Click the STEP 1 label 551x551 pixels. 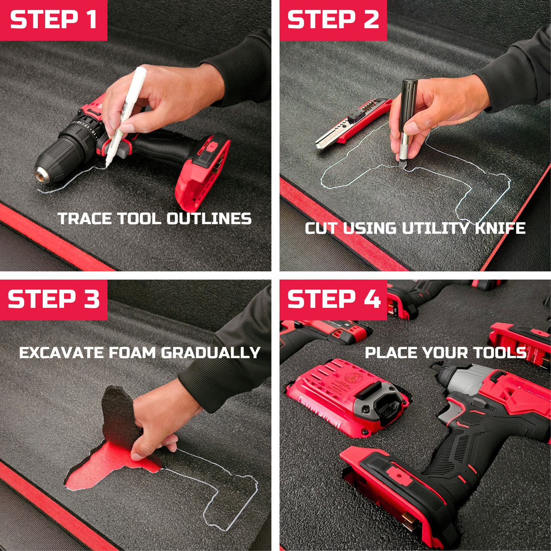click(x=53, y=20)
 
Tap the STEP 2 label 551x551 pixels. click(x=333, y=20)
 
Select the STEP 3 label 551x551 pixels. click(x=53, y=299)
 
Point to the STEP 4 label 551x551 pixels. click(x=334, y=299)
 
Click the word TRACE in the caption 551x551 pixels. click(x=85, y=219)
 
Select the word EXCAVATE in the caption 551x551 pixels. click(x=62, y=353)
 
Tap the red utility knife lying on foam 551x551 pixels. click(x=353, y=124)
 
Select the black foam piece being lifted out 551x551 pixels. click(x=118, y=416)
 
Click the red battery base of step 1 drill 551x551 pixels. click(x=202, y=172)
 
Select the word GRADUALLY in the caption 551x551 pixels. click(x=210, y=353)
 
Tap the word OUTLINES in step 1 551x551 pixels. click(x=209, y=219)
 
